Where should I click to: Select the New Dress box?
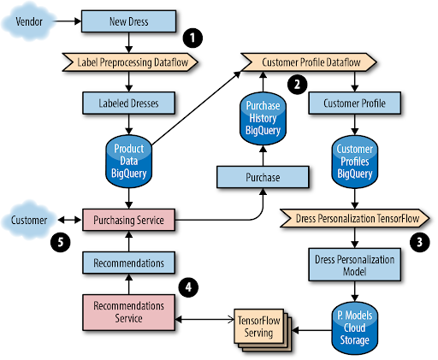pyautogui.click(x=127, y=18)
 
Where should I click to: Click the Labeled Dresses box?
pyautogui.click(x=127, y=103)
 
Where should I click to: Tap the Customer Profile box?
pyautogui.click(x=354, y=103)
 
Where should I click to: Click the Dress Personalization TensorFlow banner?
pyautogui.click(x=352, y=219)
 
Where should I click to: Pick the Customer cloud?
pyautogui.click(x=30, y=219)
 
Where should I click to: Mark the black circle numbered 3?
pyautogui.click(x=419, y=242)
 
